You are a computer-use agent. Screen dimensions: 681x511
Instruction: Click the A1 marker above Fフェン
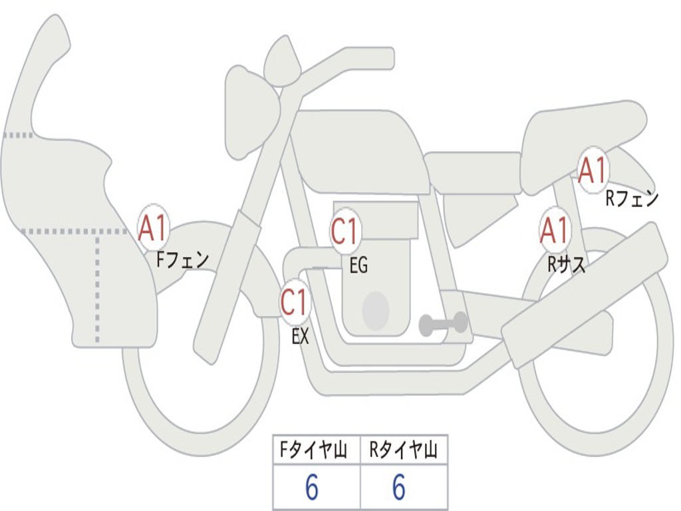click(x=153, y=229)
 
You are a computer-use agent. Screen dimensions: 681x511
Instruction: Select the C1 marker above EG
click(x=345, y=230)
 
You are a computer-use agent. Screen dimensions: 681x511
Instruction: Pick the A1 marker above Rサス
click(x=555, y=230)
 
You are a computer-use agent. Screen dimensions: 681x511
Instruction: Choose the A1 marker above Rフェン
click(x=593, y=170)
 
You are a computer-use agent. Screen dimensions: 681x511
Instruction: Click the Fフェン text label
click(x=182, y=260)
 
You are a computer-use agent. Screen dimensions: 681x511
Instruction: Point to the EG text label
click(x=358, y=265)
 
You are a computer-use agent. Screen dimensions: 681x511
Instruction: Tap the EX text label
click(x=300, y=336)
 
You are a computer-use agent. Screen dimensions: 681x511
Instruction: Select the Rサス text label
click(x=566, y=264)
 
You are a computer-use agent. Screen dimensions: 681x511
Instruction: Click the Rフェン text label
click(x=632, y=198)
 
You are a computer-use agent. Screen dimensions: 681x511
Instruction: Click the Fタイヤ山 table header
click(x=313, y=450)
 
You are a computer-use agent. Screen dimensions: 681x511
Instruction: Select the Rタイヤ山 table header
click(x=402, y=450)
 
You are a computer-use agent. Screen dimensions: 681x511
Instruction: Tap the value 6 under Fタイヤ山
click(x=312, y=487)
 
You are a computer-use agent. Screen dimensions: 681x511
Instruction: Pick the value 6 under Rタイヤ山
click(x=399, y=487)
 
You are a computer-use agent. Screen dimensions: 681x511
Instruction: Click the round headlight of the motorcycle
click(x=252, y=113)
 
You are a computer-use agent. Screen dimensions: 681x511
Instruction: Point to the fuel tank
click(x=360, y=150)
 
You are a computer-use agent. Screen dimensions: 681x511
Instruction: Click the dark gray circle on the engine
click(x=376, y=311)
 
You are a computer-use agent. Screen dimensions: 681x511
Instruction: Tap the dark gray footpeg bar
click(x=443, y=323)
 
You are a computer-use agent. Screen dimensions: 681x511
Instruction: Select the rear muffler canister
click(x=584, y=295)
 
